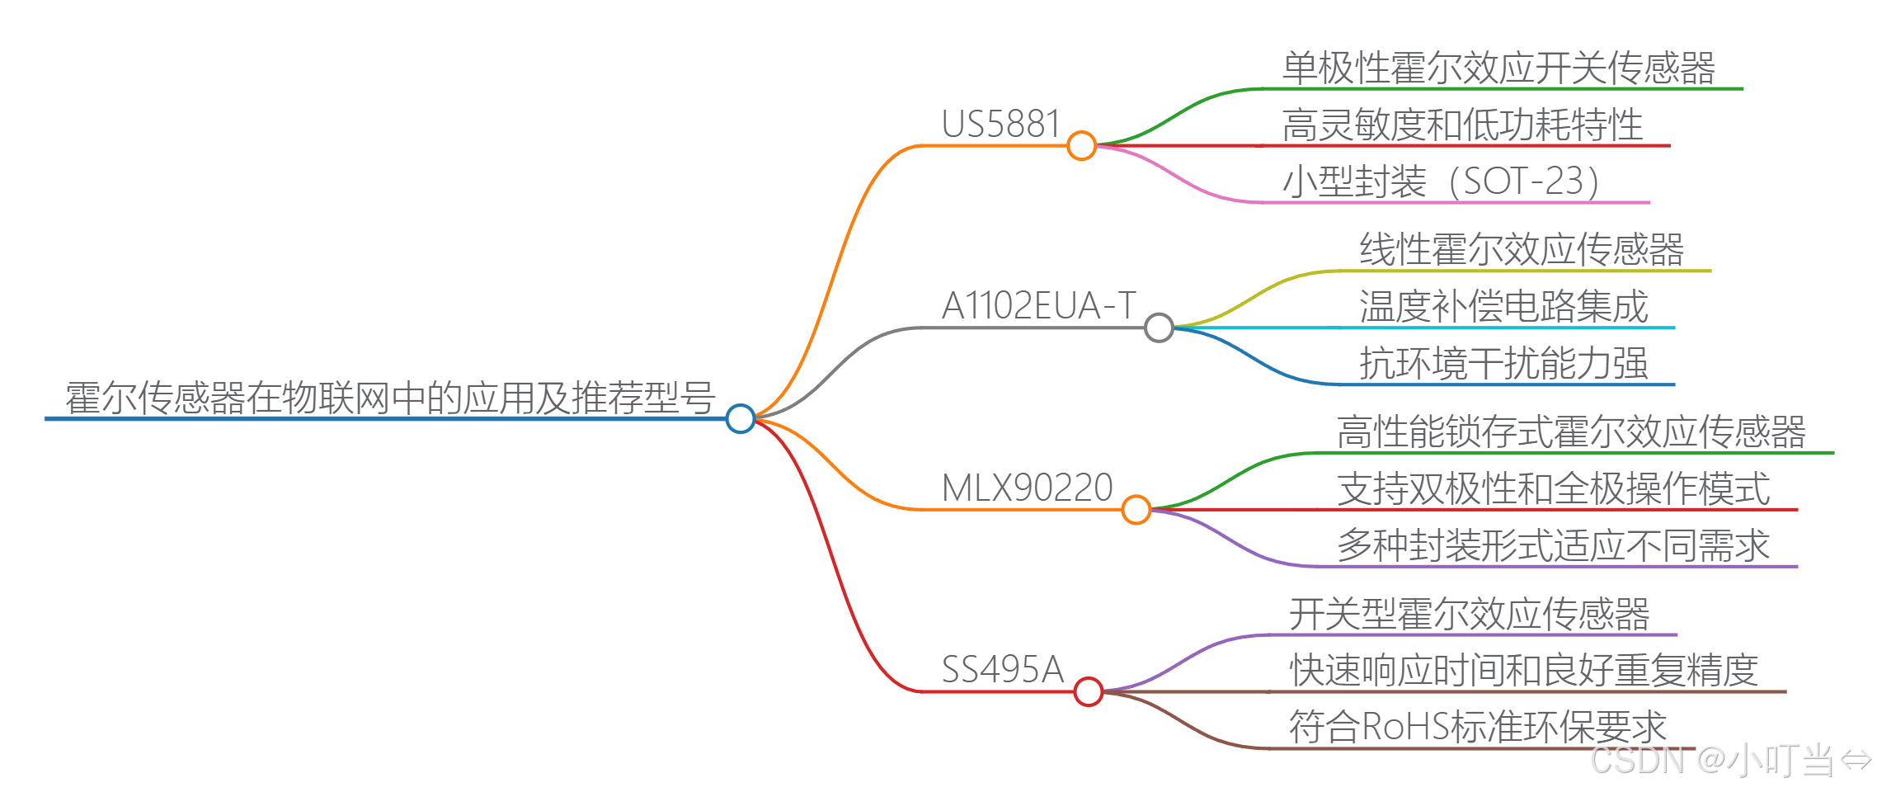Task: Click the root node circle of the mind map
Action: coord(740,418)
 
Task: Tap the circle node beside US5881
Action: coord(1081,145)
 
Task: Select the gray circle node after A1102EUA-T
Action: coord(1159,328)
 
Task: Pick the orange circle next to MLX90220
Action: coord(1136,509)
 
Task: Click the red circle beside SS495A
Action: coord(1089,691)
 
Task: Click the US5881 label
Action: coord(1000,125)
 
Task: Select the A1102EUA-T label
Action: coord(1038,306)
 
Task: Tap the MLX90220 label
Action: coord(1027,488)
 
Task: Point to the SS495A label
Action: coord(1002,669)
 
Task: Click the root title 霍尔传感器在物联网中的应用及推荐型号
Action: coord(389,398)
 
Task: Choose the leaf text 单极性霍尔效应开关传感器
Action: coord(1498,68)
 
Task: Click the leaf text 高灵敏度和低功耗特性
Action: coord(1462,125)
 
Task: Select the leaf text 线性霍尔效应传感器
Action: coord(1522,249)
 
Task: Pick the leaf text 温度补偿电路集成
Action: coord(1503,306)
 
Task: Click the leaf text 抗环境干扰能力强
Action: coord(1503,363)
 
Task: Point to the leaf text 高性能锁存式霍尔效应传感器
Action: coord(1571,431)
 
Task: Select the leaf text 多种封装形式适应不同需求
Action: coord(1553,545)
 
